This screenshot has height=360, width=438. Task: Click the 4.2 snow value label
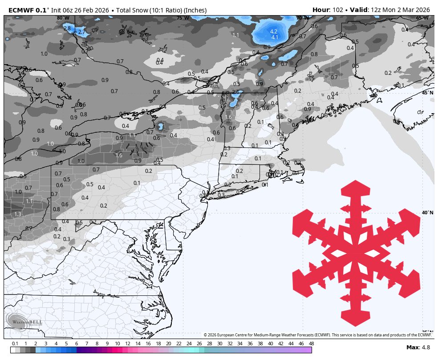pos(274,31)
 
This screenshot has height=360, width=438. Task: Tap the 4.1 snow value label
pos(275,37)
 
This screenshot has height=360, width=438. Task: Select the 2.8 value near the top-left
pos(67,28)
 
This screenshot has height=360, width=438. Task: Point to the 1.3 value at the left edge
pos(18,214)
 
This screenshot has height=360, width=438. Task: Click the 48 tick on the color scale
pos(311,344)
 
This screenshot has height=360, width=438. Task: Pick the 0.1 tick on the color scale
pos(15,344)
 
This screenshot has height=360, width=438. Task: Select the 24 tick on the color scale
pos(189,344)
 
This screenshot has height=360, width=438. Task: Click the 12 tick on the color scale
pos(128,344)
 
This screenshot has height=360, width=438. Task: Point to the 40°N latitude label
pos(427,213)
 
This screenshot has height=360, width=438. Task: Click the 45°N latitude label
pos(427,92)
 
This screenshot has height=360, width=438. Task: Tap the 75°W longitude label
pos(182,18)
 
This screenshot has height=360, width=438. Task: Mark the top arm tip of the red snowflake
pos(356,181)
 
